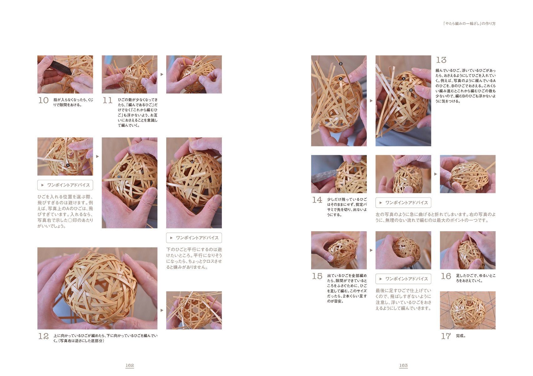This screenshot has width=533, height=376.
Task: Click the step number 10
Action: coord(44,100)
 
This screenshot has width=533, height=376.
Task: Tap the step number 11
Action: coord(107,100)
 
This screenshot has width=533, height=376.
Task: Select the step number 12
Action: coord(44,336)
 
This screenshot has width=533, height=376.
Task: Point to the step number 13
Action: coord(441,60)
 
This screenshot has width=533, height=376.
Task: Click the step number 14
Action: coord(317,200)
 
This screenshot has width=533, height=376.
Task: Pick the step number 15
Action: coord(317,276)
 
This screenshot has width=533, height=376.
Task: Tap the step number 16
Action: coord(446,276)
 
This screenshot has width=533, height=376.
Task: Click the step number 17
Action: coord(446,336)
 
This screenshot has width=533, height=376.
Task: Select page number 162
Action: coord(130,365)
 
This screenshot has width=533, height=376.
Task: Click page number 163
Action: coord(403,365)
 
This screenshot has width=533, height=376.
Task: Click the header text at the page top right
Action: coord(469,23)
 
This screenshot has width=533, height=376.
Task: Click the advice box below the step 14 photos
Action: coord(403,203)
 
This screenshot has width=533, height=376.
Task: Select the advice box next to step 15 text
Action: coord(403,279)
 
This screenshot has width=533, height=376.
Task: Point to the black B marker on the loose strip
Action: coord(341,64)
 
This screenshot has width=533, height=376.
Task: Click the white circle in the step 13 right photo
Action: coord(404,87)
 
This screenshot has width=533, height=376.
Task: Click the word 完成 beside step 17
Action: coord(461,336)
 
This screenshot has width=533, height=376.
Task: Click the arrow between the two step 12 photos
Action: coord(162,310)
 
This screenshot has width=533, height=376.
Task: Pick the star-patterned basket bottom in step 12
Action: coord(194,310)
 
